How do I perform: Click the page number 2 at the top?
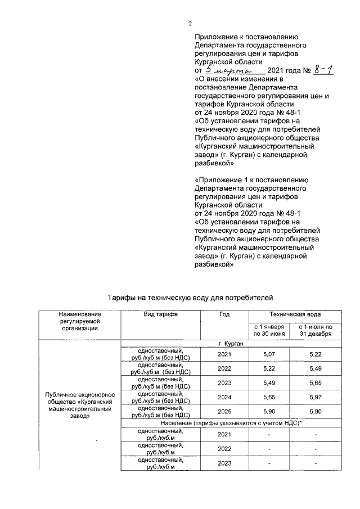190,23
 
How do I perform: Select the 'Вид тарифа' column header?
161,314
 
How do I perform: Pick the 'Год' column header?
224,314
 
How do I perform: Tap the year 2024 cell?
224,398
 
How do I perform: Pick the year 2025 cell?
224,413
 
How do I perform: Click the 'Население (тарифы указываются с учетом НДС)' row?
232,422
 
